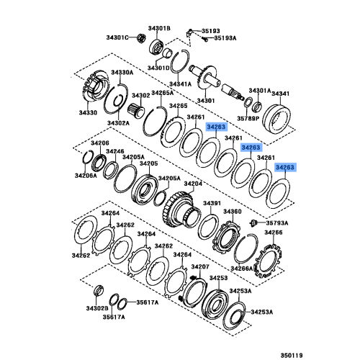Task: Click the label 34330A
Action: (x=122, y=72)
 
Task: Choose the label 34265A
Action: (x=163, y=93)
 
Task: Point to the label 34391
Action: (x=211, y=204)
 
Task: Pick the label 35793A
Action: (x=276, y=223)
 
